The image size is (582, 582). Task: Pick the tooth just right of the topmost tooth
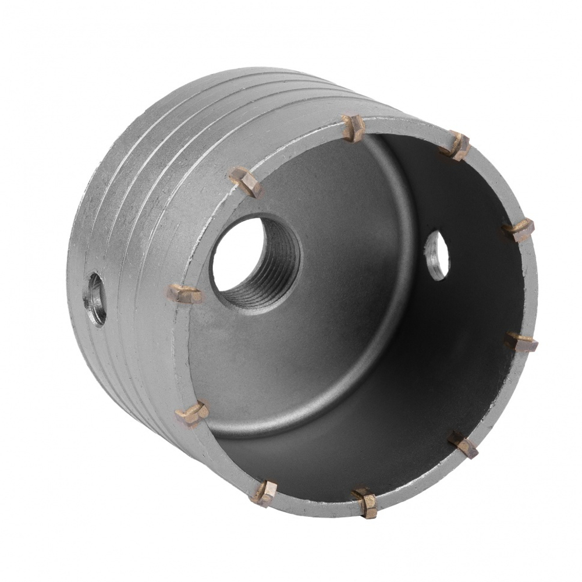pyautogui.click(x=456, y=145)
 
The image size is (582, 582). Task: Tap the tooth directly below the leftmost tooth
pyautogui.click(x=193, y=414)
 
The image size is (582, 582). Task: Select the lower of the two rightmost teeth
pyautogui.click(x=519, y=341)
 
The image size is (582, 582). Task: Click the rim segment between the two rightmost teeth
pyautogui.click(x=527, y=285)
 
